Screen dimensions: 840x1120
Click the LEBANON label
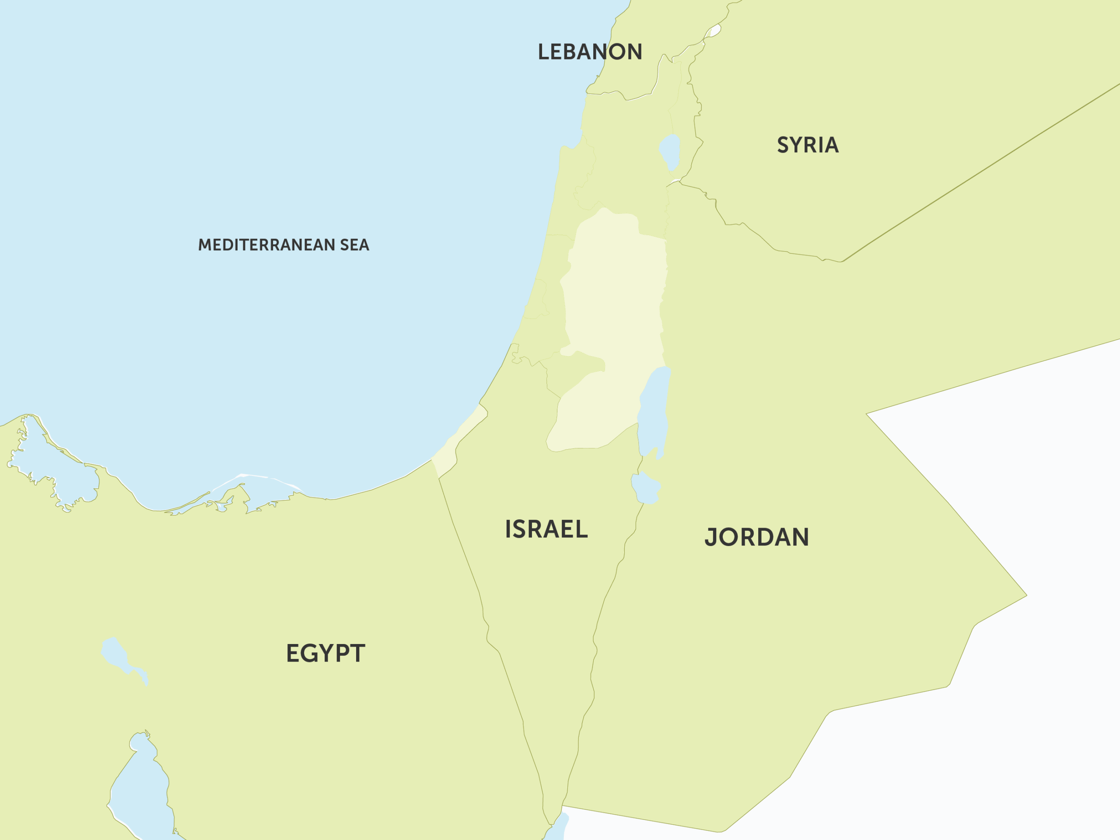(590, 52)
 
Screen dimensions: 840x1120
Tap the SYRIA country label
(808, 145)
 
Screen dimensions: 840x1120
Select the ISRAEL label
(546, 529)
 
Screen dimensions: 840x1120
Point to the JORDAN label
(756, 537)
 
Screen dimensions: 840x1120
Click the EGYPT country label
(325, 653)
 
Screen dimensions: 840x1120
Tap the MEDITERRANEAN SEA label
(283, 245)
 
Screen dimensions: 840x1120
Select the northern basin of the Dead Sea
(653, 410)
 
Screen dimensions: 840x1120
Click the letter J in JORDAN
(711, 538)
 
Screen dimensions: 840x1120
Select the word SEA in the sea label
(354, 245)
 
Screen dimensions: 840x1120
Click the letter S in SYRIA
(783, 145)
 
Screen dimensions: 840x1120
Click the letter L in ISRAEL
(582, 529)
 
